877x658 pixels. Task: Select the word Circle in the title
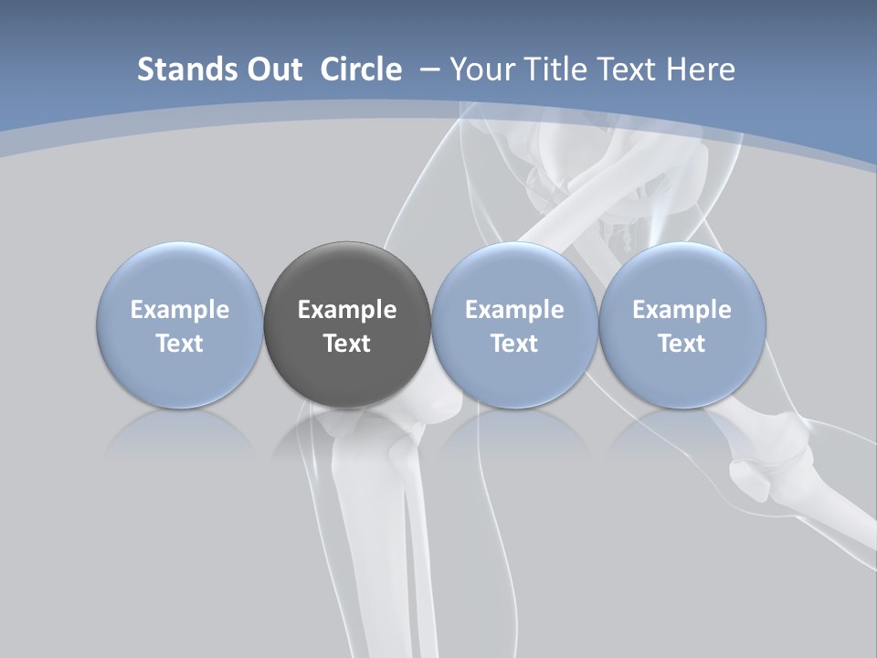tap(361, 69)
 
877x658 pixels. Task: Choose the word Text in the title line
tap(629, 69)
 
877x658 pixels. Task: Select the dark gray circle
tap(347, 324)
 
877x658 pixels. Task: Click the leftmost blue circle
tap(179, 324)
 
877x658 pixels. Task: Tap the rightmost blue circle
tap(682, 324)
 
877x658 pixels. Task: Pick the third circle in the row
tap(514, 324)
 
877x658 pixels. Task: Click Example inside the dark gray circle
tap(347, 310)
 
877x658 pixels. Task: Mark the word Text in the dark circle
tap(347, 344)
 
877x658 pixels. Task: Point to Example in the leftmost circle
tap(179, 310)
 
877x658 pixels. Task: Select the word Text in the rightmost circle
tap(682, 344)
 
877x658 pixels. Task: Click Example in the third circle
tap(514, 310)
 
